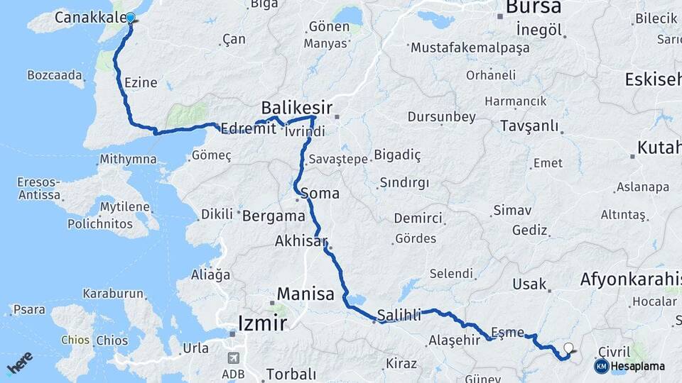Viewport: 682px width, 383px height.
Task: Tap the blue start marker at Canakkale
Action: pos(130,18)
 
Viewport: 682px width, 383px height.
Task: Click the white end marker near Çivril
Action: pos(568,348)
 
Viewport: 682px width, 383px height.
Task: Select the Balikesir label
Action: pos(296,108)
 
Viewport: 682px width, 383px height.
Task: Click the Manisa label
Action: pos(305,294)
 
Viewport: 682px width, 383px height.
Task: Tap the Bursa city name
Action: pos(533,7)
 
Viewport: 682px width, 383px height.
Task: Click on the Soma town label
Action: pos(320,193)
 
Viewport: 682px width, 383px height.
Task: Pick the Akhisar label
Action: pos(299,241)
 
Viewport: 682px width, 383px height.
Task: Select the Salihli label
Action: pos(399,314)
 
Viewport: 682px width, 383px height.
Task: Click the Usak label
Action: pos(530,284)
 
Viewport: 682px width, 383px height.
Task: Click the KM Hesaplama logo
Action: pos(630,366)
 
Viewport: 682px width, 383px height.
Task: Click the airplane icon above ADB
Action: pos(234,358)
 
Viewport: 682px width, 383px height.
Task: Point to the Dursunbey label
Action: pos(441,116)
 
